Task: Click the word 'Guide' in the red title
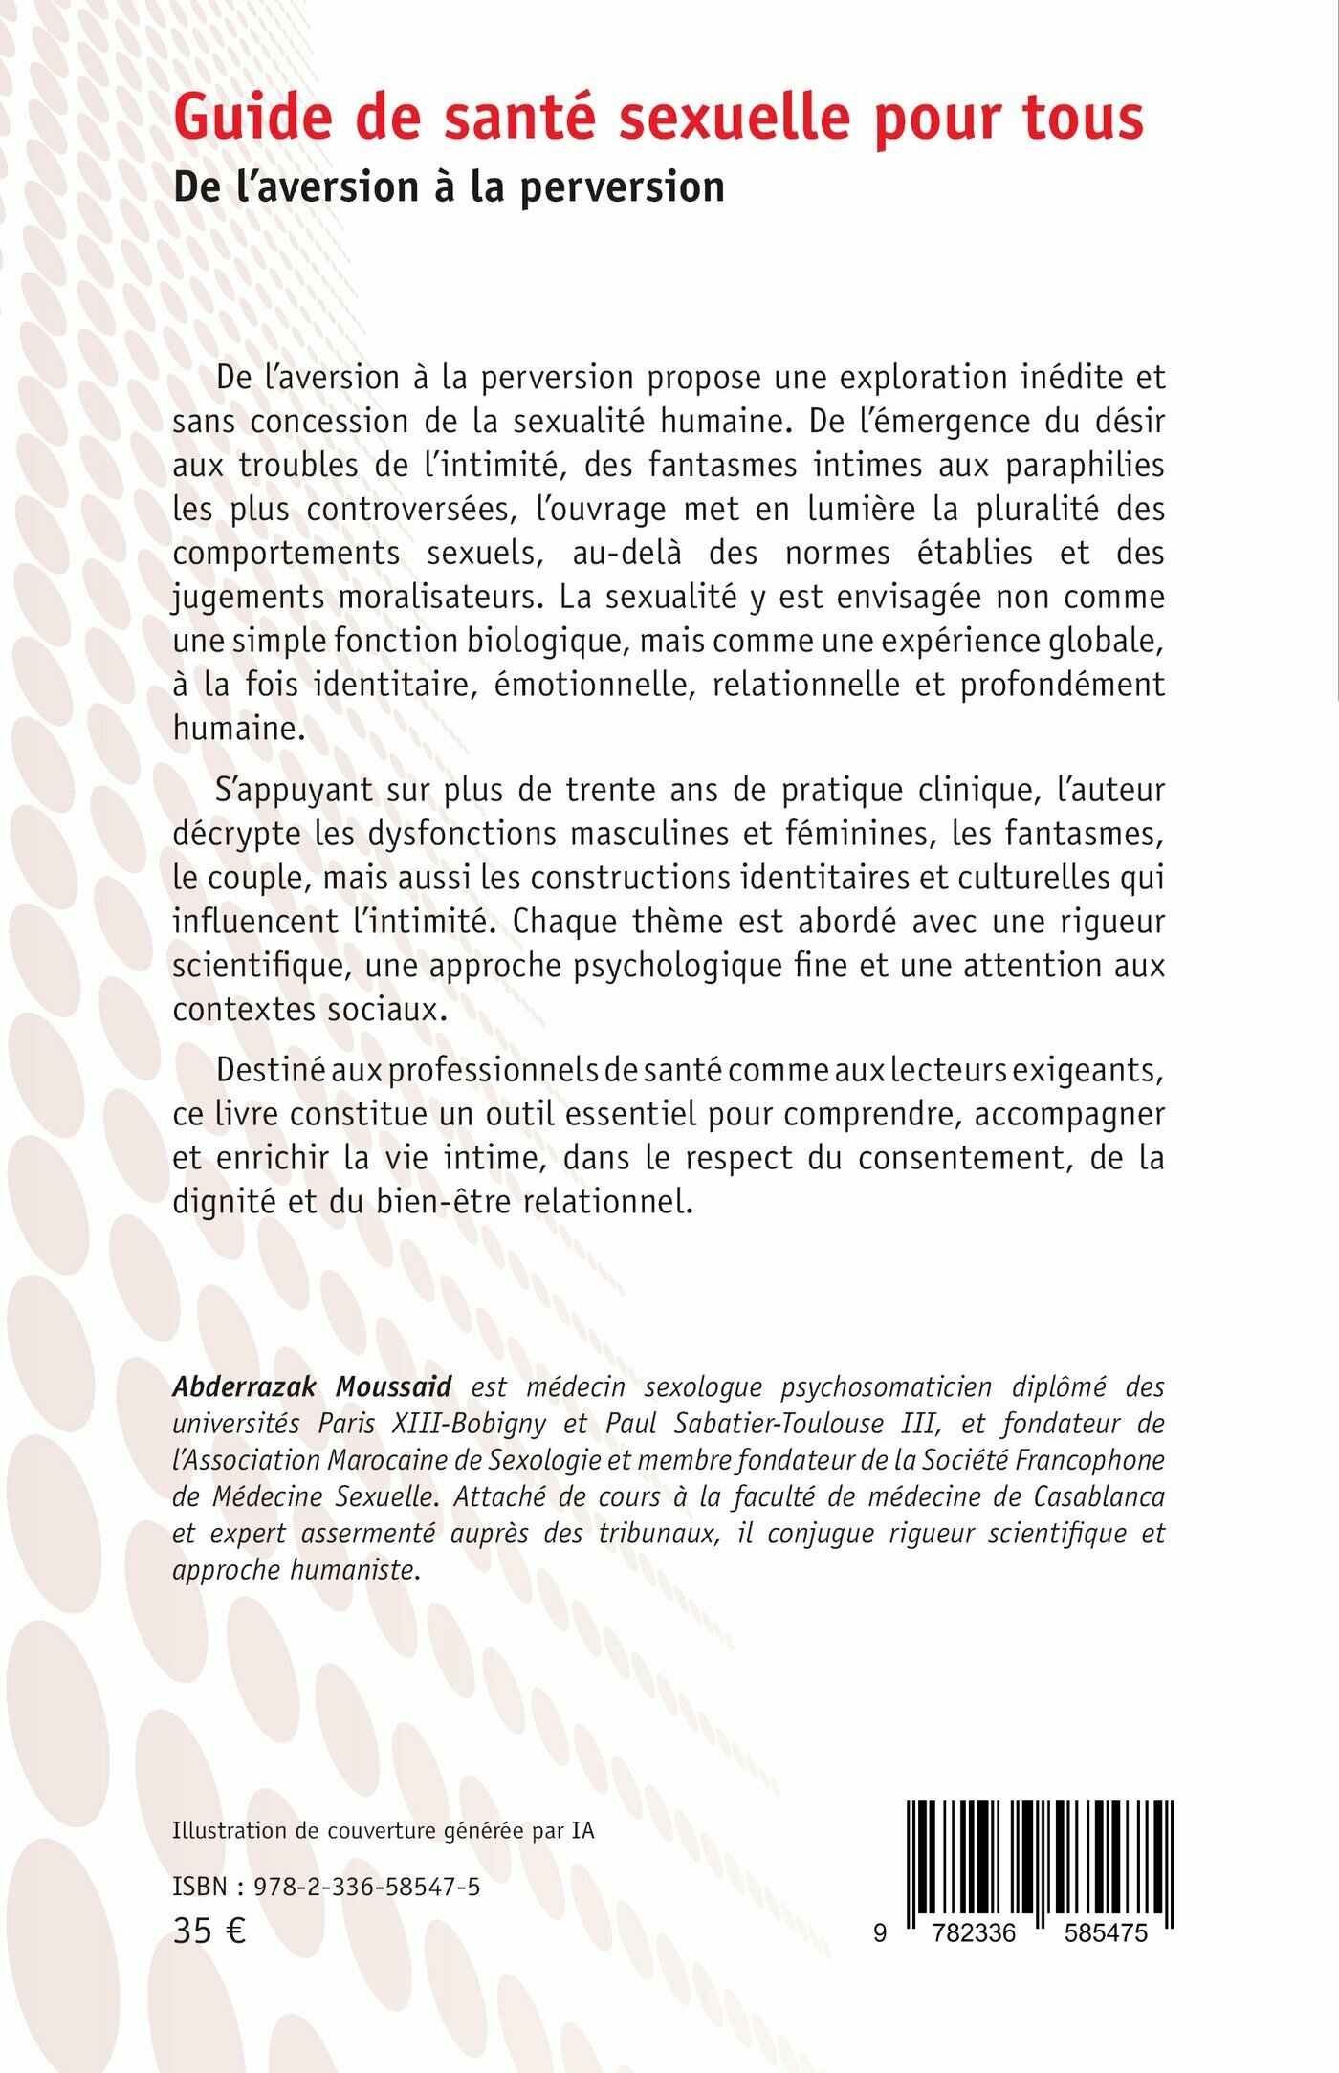253,118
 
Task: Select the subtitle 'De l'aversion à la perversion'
449,186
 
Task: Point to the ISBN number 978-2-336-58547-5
366,1887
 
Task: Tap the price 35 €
209,1931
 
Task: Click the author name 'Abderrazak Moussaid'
312,1386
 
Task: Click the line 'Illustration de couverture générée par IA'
383,1830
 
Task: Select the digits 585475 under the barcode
1106,1932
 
